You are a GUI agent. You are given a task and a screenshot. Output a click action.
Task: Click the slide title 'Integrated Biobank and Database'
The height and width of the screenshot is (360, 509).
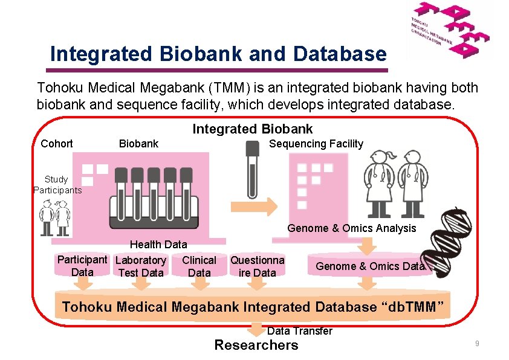pyautogui.click(x=218, y=54)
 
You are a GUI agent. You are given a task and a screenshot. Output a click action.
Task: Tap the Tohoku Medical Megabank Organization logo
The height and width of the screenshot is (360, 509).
pyautogui.click(x=449, y=30)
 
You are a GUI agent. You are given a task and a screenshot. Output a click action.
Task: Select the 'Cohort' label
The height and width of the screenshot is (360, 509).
pyautogui.click(x=56, y=144)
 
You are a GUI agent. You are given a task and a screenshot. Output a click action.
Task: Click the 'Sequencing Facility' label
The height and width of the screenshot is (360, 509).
pyautogui.click(x=316, y=144)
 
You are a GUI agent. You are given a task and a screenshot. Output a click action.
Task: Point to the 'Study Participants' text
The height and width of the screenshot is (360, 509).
pyautogui.click(x=56, y=185)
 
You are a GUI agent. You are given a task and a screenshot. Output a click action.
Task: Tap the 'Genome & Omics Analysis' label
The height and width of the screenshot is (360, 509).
pyautogui.click(x=351, y=228)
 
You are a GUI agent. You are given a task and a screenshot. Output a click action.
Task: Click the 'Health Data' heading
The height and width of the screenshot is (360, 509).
pyautogui.click(x=158, y=245)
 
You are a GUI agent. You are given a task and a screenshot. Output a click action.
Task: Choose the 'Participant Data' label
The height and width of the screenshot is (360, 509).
pyautogui.click(x=82, y=266)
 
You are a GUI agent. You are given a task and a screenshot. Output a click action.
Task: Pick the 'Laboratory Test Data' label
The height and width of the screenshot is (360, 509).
pyautogui.click(x=141, y=266)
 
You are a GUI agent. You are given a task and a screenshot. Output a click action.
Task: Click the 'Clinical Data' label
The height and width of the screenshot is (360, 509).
pyautogui.click(x=199, y=266)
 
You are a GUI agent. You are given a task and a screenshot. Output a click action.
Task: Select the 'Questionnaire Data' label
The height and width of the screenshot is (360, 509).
pyautogui.click(x=257, y=266)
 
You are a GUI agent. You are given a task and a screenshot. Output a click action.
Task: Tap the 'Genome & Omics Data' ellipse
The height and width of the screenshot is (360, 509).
pyautogui.click(x=370, y=266)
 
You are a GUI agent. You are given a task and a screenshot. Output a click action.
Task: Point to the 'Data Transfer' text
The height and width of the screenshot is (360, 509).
pyautogui.click(x=299, y=331)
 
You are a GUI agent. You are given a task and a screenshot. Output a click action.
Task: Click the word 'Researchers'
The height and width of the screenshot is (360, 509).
pyautogui.click(x=256, y=346)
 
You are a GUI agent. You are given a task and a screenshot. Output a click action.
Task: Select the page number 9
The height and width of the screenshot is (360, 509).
pyautogui.click(x=477, y=344)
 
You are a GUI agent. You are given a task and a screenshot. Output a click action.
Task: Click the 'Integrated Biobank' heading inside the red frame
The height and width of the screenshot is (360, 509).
pyautogui.click(x=253, y=129)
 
